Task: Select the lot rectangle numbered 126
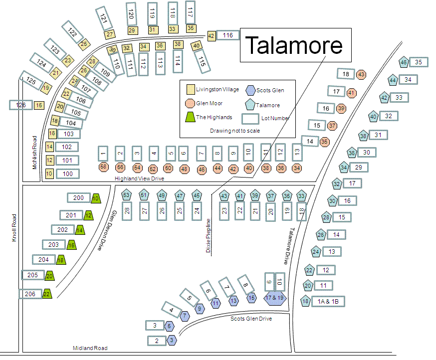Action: [x=20, y=105]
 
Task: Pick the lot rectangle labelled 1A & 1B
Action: [x=328, y=301]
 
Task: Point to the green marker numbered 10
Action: [x=95, y=198]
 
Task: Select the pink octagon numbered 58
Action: [x=103, y=167]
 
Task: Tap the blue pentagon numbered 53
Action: [x=127, y=195]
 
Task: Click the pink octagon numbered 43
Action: [x=362, y=74]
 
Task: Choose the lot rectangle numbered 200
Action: [x=78, y=198]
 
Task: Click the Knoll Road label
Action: [x=14, y=228]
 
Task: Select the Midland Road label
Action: [x=90, y=348]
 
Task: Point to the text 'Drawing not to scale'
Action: [x=234, y=131]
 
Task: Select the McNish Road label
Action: [x=35, y=152]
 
